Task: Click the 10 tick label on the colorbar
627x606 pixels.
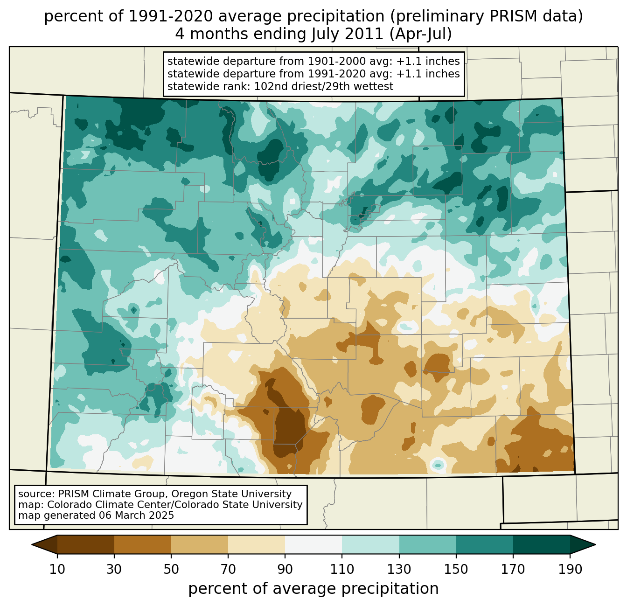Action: (x=57, y=570)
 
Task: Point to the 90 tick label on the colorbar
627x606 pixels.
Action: (x=285, y=570)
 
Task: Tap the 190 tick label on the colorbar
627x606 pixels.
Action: (x=570, y=570)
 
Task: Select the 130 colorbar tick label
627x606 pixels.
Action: (x=399, y=570)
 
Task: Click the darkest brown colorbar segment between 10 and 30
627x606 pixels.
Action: (x=86, y=544)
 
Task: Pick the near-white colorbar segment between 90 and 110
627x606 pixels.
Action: (x=313, y=544)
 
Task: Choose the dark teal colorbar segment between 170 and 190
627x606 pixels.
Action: (x=541, y=544)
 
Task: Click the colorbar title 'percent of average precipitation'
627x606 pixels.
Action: (x=313, y=589)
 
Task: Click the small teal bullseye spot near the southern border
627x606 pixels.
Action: (x=438, y=464)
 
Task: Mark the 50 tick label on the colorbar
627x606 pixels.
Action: (x=171, y=570)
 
